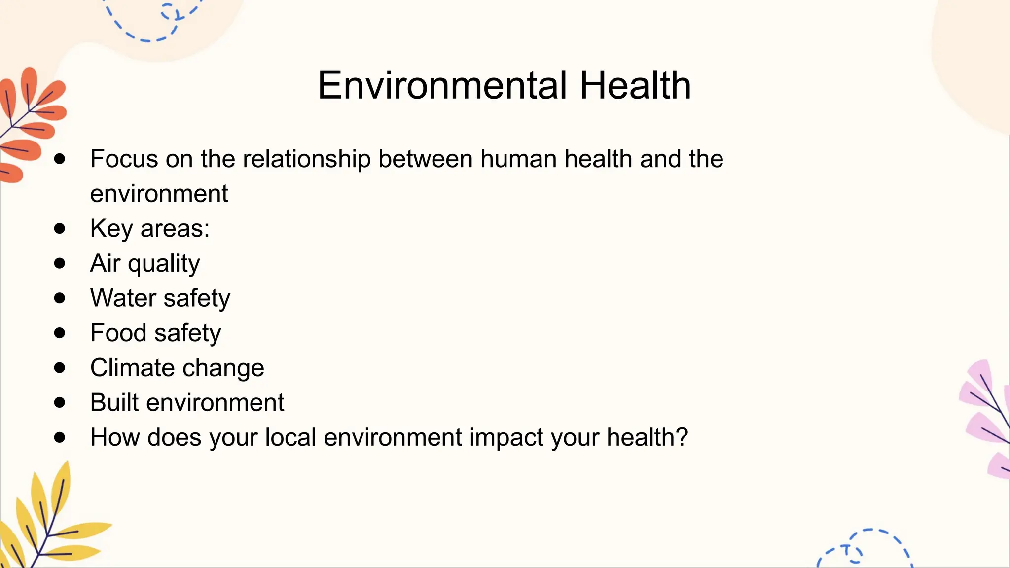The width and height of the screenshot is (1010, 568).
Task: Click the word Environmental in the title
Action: [x=442, y=85]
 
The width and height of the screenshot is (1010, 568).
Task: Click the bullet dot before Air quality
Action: [x=60, y=263]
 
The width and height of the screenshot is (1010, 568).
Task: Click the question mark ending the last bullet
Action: [x=682, y=437]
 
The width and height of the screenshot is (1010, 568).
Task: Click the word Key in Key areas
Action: [x=111, y=229]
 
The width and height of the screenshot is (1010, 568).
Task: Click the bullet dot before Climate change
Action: [x=60, y=367]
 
